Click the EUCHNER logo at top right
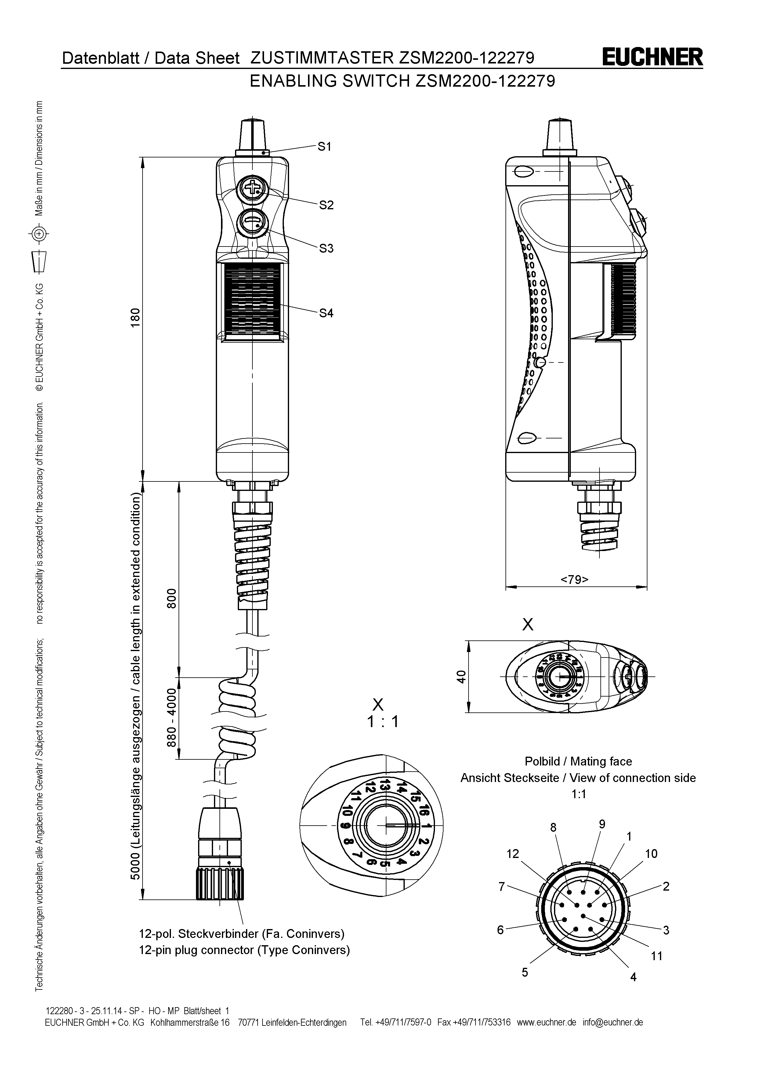(652, 58)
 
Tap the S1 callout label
(324, 147)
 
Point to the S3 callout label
(326, 248)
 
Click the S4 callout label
(326, 313)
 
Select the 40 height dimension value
(461, 676)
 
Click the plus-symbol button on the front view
(252, 189)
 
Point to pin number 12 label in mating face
(513, 854)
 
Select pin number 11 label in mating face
(656, 956)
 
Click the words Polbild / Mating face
(578, 762)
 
